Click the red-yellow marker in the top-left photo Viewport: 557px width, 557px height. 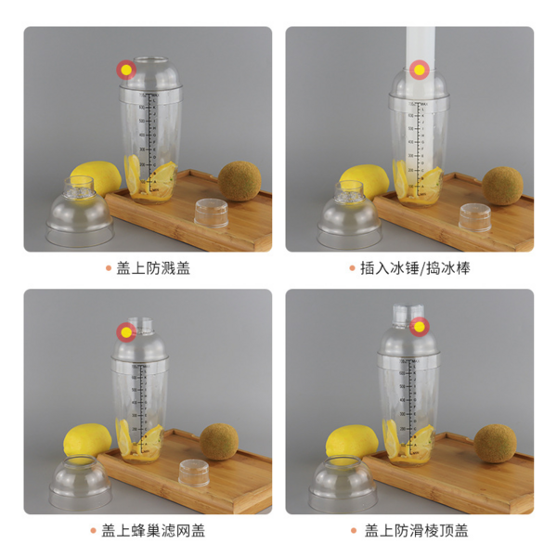[x=125, y=70]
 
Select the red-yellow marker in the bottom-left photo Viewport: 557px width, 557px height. [x=125, y=331]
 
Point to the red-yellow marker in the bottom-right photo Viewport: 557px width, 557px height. [x=418, y=327]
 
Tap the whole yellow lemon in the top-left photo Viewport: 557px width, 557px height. [x=93, y=179]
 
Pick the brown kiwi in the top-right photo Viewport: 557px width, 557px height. [x=502, y=185]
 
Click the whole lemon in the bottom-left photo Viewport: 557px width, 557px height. [x=86, y=440]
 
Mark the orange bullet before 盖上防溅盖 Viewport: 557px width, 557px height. [x=109, y=269]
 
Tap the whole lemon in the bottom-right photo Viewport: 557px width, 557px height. [x=350, y=441]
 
